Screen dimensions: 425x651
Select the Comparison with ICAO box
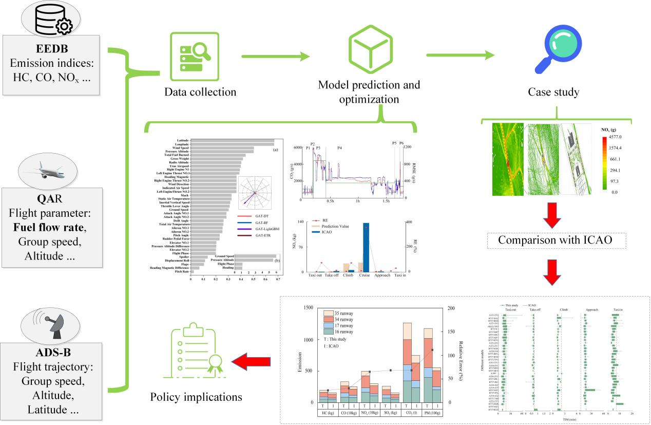coord(558,239)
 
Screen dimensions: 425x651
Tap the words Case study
coord(553,93)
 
